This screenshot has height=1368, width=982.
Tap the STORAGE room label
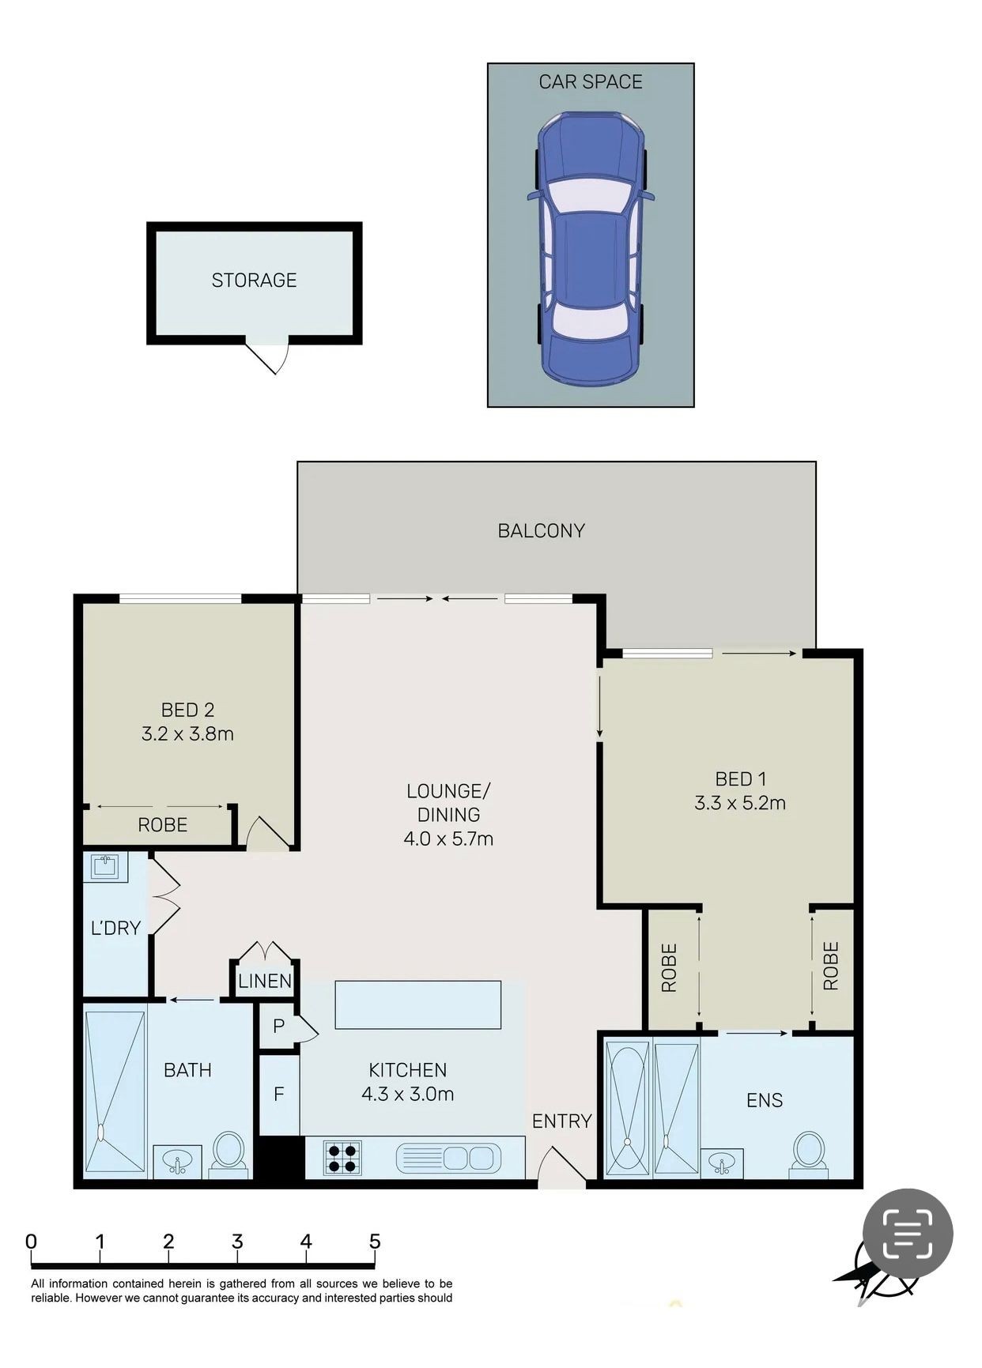pos(254,280)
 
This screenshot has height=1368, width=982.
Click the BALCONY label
pos(541,530)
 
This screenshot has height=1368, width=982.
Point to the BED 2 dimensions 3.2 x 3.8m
pos(187,733)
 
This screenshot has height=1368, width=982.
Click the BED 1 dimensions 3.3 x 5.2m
pos(740,803)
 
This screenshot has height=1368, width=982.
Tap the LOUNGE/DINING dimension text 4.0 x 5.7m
pos(448,839)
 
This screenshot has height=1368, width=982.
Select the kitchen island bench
pos(418,1004)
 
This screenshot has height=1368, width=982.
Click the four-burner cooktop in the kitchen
pos(342,1158)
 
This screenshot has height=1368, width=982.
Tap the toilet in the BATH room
pos(229,1155)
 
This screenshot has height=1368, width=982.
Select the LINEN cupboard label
pos(265,981)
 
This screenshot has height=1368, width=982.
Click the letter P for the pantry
pos(278,1027)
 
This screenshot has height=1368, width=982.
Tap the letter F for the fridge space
pos(278,1095)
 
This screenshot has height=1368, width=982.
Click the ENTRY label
pos(561,1121)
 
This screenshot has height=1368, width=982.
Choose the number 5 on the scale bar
pos(375,1242)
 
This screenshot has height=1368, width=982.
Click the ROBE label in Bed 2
pos(162,825)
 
